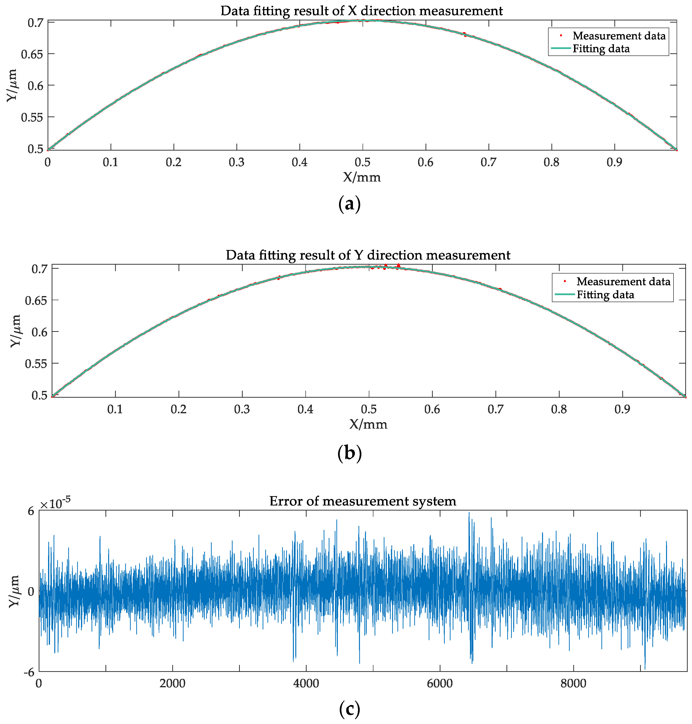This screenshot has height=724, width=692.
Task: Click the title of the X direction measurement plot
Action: tap(361, 11)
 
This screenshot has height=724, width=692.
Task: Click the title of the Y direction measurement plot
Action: tap(368, 255)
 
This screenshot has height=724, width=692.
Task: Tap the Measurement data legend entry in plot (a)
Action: tap(618, 36)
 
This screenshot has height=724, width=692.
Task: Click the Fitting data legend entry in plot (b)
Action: tap(605, 295)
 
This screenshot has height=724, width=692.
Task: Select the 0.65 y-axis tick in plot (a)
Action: tap(32, 54)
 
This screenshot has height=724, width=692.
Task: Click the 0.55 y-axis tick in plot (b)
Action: tap(36, 364)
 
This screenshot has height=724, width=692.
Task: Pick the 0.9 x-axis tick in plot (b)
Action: tap(622, 409)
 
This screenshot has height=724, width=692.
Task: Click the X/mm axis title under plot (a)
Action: tap(361, 177)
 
